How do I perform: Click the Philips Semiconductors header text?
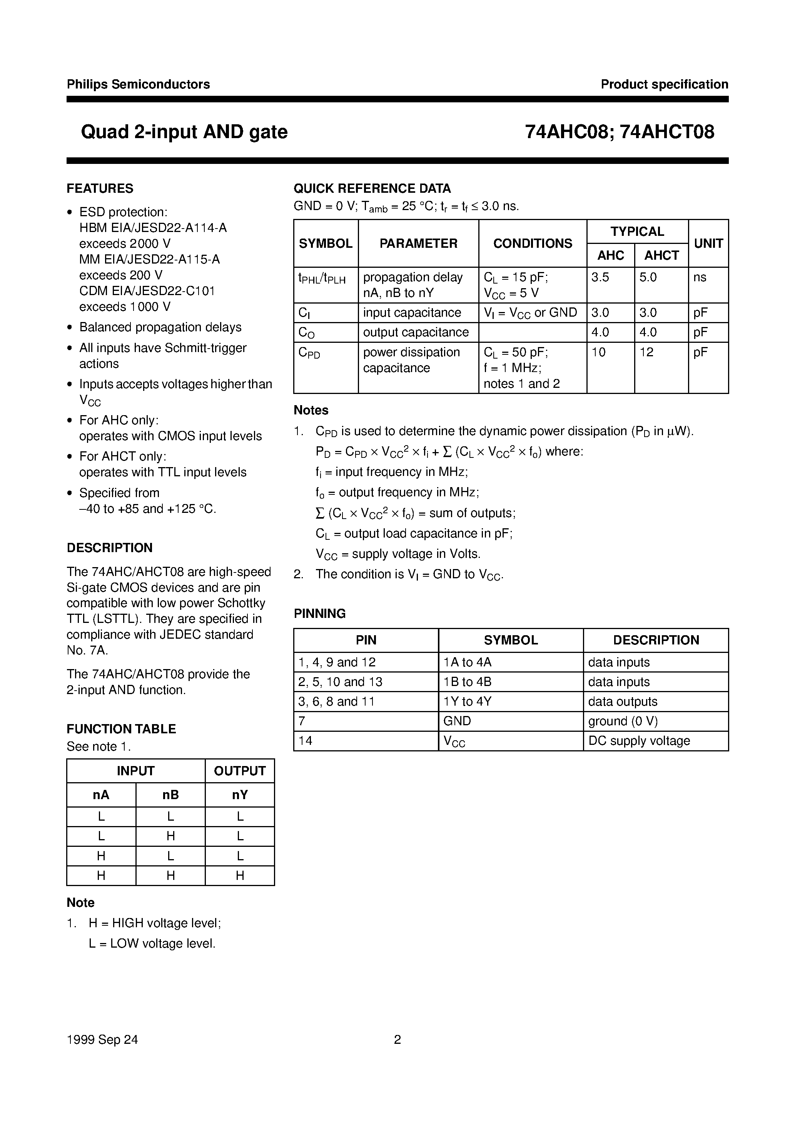(x=138, y=84)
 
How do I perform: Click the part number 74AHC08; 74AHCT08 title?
(x=620, y=132)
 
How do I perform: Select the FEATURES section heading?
(x=100, y=189)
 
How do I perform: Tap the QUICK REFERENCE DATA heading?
(x=372, y=189)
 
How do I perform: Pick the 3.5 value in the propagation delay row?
(x=600, y=277)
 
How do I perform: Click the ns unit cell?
(x=700, y=277)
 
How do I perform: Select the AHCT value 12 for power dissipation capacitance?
(x=646, y=352)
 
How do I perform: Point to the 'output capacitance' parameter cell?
(x=416, y=332)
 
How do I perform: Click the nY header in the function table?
(x=240, y=795)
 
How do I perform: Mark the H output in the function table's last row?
(x=240, y=876)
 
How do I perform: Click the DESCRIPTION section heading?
(x=109, y=548)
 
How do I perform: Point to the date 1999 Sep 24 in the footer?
(x=102, y=1039)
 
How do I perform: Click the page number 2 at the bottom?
(x=397, y=1039)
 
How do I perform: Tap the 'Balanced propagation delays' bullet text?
(x=160, y=327)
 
